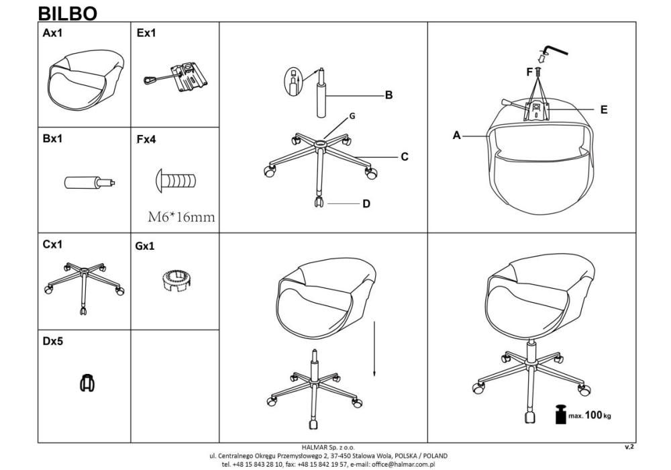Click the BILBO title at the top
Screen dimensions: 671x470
click(x=68, y=13)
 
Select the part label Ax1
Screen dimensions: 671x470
click(x=52, y=34)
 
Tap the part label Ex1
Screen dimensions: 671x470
click(x=146, y=34)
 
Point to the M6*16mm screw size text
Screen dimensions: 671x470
click(x=181, y=217)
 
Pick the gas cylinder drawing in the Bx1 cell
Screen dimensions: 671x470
click(x=90, y=183)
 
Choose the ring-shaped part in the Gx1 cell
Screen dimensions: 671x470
click(x=176, y=281)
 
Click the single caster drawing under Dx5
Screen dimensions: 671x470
click(x=87, y=382)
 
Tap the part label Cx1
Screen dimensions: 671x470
click(x=52, y=244)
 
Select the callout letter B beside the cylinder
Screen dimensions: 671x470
click(x=389, y=95)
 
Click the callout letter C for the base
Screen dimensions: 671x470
click(x=405, y=157)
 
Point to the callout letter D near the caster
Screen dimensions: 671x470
click(x=366, y=203)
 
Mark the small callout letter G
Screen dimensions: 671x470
click(x=352, y=116)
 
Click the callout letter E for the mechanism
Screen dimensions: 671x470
click(x=604, y=110)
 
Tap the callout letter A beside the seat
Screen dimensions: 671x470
click(x=456, y=136)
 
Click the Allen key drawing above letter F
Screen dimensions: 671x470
click(x=556, y=48)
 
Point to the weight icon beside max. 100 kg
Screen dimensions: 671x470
click(x=561, y=414)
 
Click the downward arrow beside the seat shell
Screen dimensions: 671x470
click(x=374, y=349)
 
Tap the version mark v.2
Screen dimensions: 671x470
click(x=629, y=446)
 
